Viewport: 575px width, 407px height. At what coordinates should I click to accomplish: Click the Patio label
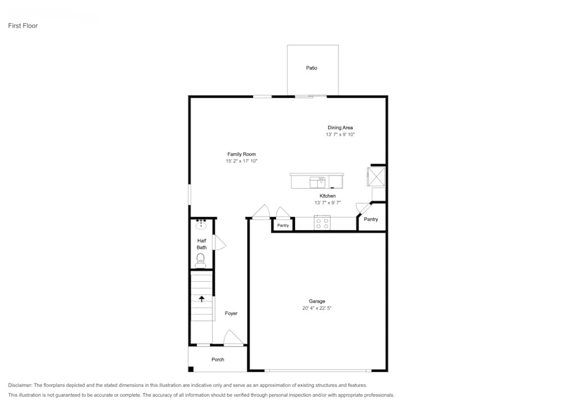pos(311,68)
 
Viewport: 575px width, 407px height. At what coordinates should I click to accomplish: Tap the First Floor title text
pos(22,26)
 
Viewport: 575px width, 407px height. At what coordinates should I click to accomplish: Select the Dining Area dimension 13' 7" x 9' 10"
pos(340,135)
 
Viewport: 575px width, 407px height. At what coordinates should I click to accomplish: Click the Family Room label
pos(241,154)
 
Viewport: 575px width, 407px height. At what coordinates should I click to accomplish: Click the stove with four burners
pos(322,223)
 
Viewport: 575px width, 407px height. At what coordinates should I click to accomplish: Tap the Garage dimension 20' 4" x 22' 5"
pos(317,309)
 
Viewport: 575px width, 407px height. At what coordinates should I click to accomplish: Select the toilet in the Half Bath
pos(201,260)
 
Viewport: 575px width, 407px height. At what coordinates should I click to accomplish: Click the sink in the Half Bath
pos(201,225)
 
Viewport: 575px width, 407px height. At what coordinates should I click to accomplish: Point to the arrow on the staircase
pos(201,298)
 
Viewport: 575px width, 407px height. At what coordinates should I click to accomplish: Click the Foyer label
pos(231,314)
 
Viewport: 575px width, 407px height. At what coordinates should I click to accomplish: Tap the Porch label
pos(217,360)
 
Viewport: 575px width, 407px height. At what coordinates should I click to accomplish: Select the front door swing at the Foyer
pos(233,338)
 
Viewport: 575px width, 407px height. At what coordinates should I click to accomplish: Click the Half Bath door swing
pos(218,243)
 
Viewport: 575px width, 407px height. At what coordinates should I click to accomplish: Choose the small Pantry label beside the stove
pos(283,226)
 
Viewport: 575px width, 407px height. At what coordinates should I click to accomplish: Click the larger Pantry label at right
pos(371,219)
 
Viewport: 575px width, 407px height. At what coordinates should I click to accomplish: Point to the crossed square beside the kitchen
pos(377,176)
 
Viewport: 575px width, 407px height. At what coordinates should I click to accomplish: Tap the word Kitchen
pos(328,196)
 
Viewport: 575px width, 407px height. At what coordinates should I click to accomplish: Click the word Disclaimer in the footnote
pos(20,385)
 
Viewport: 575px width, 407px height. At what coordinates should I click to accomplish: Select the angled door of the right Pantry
pos(362,210)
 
